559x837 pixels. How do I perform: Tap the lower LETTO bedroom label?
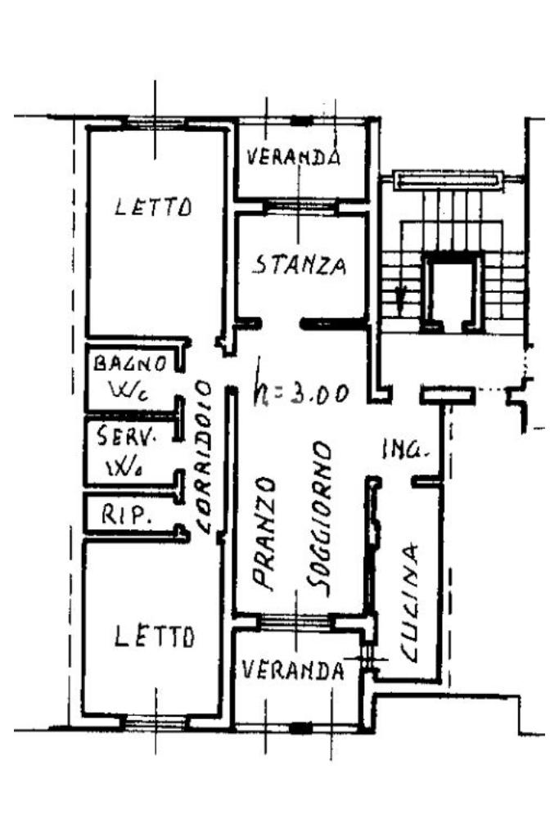pos(155,636)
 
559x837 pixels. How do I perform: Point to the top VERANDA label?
pos(293,156)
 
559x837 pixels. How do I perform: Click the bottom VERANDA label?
pos(292,671)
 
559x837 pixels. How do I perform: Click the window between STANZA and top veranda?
pos(299,208)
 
